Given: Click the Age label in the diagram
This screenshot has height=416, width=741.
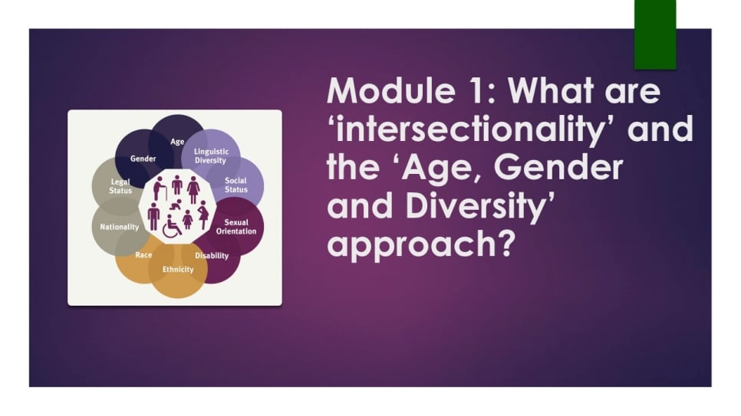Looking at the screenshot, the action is (x=177, y=141).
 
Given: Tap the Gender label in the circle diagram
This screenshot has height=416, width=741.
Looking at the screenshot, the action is (x=143, y=159).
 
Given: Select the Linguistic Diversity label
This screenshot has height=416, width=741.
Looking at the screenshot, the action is (x=211, y=156).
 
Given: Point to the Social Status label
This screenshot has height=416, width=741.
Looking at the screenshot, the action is (x=235, y=185).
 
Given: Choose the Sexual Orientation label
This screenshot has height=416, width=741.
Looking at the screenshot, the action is (x=236, y=227).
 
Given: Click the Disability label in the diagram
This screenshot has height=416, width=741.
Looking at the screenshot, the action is (x=212, y=255).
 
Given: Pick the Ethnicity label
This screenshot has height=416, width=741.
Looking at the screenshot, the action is (x=178, y=270).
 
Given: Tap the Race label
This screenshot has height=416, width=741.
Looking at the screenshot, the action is (x=143, y=255).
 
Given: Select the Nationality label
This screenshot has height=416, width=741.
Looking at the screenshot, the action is (x=120, y=227).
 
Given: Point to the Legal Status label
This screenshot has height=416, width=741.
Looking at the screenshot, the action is (x=120, y=186).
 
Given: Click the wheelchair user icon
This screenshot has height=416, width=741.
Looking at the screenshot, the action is (x=172, y=226).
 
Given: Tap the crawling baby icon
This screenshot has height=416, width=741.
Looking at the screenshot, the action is (x=176, y=205).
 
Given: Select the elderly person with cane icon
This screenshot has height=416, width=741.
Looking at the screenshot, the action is (x=160, y=188).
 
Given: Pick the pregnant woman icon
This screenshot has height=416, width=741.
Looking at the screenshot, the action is (x=203, y=215).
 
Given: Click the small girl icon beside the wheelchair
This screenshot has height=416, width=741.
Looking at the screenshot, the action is (x=188, y=220).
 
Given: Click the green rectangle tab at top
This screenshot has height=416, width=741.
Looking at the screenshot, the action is (x=655, y=34).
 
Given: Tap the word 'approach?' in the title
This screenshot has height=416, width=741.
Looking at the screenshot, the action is (x=420, y=244).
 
